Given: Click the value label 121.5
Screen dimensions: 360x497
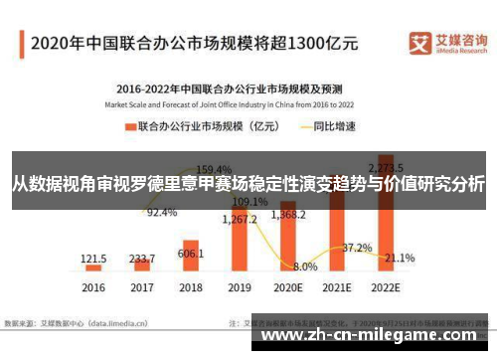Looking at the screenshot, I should pos(94,258).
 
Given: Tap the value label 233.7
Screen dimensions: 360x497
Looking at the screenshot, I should pos(143,256).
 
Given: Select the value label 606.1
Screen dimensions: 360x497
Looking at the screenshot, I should pos(191,254).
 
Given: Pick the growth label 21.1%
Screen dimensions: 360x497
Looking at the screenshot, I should pos(400,258).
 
